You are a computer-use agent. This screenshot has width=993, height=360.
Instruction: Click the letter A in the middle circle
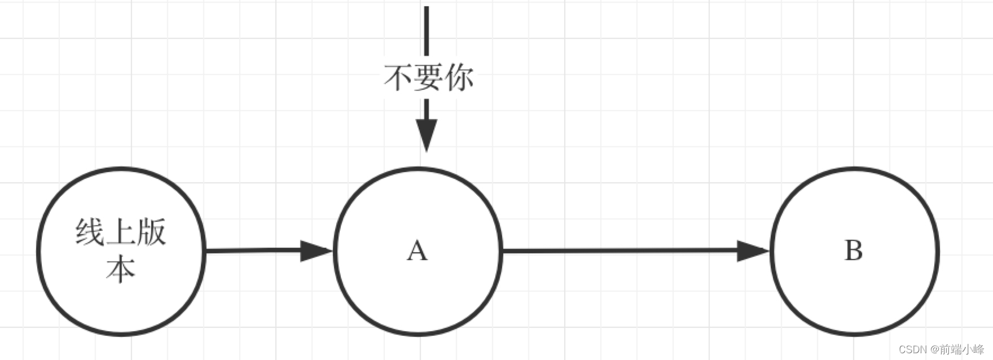[x=417, y=251]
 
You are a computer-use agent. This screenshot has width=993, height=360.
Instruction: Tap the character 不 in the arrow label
[x=398, y=77]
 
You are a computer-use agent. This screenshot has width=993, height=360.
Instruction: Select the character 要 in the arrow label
[x=428, y=77]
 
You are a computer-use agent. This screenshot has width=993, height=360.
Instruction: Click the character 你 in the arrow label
[x=459, y=77]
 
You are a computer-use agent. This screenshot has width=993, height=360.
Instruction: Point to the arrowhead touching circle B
[x=753, y=251]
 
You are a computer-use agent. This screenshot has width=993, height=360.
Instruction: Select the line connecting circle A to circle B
[x=621, y=251]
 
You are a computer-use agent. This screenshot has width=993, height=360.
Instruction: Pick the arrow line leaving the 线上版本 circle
[x=254, y=251]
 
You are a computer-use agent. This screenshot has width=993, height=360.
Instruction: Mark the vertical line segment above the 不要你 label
[x=427, y=31]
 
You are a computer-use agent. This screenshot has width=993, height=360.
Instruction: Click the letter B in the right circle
[x=853, y=251]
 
